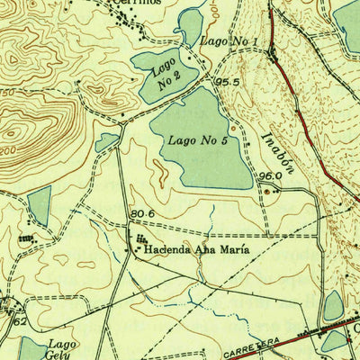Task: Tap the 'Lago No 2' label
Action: (167, 72)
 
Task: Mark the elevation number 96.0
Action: (270, 176)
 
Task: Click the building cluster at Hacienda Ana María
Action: (141, 241)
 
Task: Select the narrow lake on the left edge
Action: (39, 207)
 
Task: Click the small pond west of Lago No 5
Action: (107, 141)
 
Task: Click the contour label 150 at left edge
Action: (6, 93)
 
